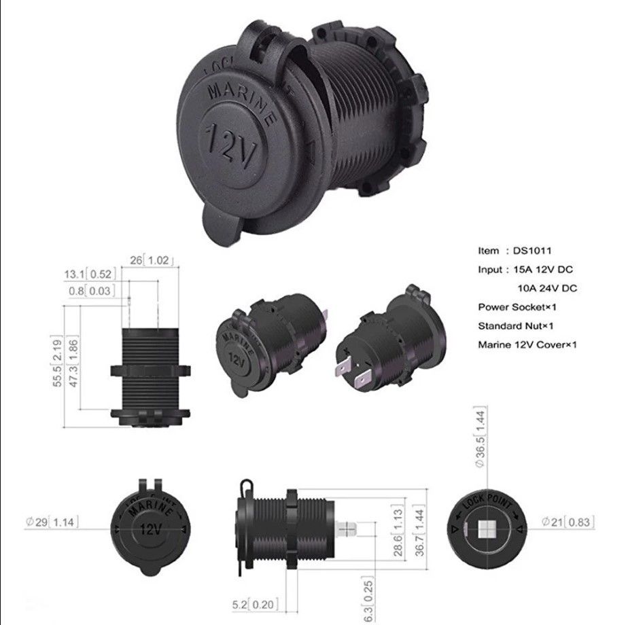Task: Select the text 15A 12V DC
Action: click(541, 269)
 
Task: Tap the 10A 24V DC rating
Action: click(547, 288)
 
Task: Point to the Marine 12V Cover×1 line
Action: click(527, 344)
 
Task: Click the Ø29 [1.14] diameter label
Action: click(52, 522)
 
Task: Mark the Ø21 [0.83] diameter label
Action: click(568, 522)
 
